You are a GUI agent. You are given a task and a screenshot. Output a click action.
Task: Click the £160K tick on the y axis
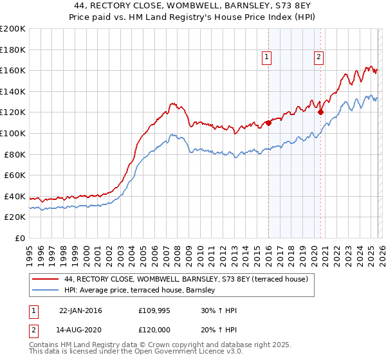click(x=12, y=70)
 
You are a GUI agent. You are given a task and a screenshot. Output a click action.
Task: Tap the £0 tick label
click(x=20, y=239)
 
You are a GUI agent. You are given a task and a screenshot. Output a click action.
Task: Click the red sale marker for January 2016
click(x=268, y=123)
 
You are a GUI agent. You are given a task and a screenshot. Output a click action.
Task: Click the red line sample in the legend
click(x=45, y=280)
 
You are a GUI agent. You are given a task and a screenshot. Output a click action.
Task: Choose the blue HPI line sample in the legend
click(x=45, y=291)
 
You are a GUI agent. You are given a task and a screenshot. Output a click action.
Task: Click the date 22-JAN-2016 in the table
click(x=80, y=311)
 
